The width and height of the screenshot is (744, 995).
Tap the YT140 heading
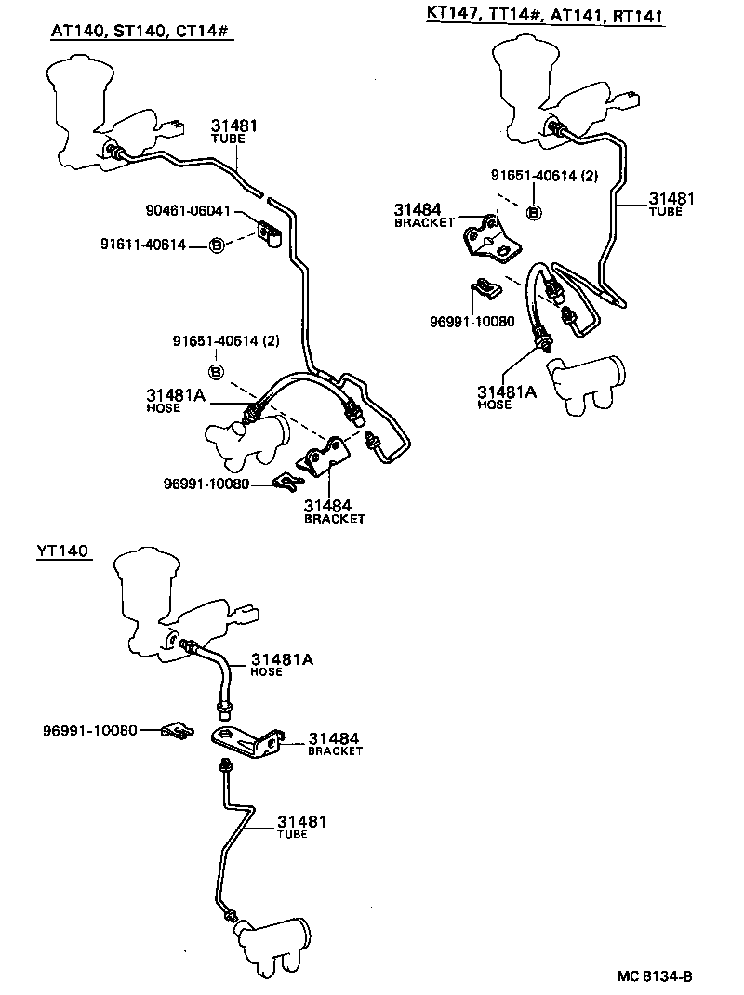tap(62, 551)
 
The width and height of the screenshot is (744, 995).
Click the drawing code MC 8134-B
tap(655, 975)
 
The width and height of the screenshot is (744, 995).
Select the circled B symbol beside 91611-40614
tap(217, 245)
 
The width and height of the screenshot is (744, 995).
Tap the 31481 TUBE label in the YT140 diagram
tap(300, 827)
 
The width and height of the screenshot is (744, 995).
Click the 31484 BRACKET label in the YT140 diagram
tap(335, 742)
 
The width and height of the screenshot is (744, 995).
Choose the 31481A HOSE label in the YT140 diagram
tap(282, 664)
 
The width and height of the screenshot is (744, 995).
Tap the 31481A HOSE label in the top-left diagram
tap(177, 400)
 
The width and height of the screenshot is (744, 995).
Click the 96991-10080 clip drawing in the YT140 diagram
tap(176, 731)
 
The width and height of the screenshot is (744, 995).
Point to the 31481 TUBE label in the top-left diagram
tap(233, 130)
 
